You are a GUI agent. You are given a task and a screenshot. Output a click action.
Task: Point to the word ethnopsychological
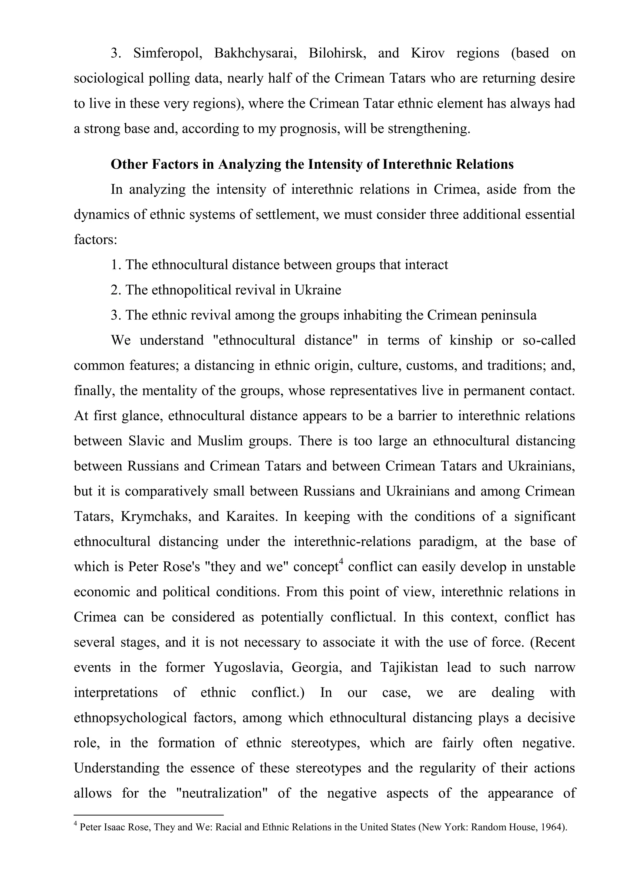pyautogui.click(x=130, y=718)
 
